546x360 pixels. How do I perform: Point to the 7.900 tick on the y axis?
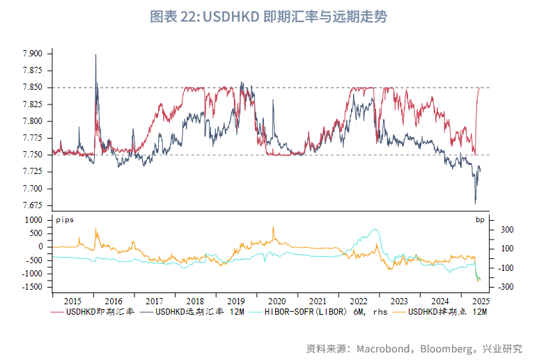33,54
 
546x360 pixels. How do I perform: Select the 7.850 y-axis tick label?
33,88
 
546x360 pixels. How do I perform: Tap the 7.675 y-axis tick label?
33,205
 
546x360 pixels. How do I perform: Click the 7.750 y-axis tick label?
33,155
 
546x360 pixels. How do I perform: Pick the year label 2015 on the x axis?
73,301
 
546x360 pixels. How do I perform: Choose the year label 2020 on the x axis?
276,301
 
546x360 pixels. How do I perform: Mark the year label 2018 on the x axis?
195,301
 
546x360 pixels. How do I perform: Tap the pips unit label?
64,220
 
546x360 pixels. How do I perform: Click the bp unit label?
480,220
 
